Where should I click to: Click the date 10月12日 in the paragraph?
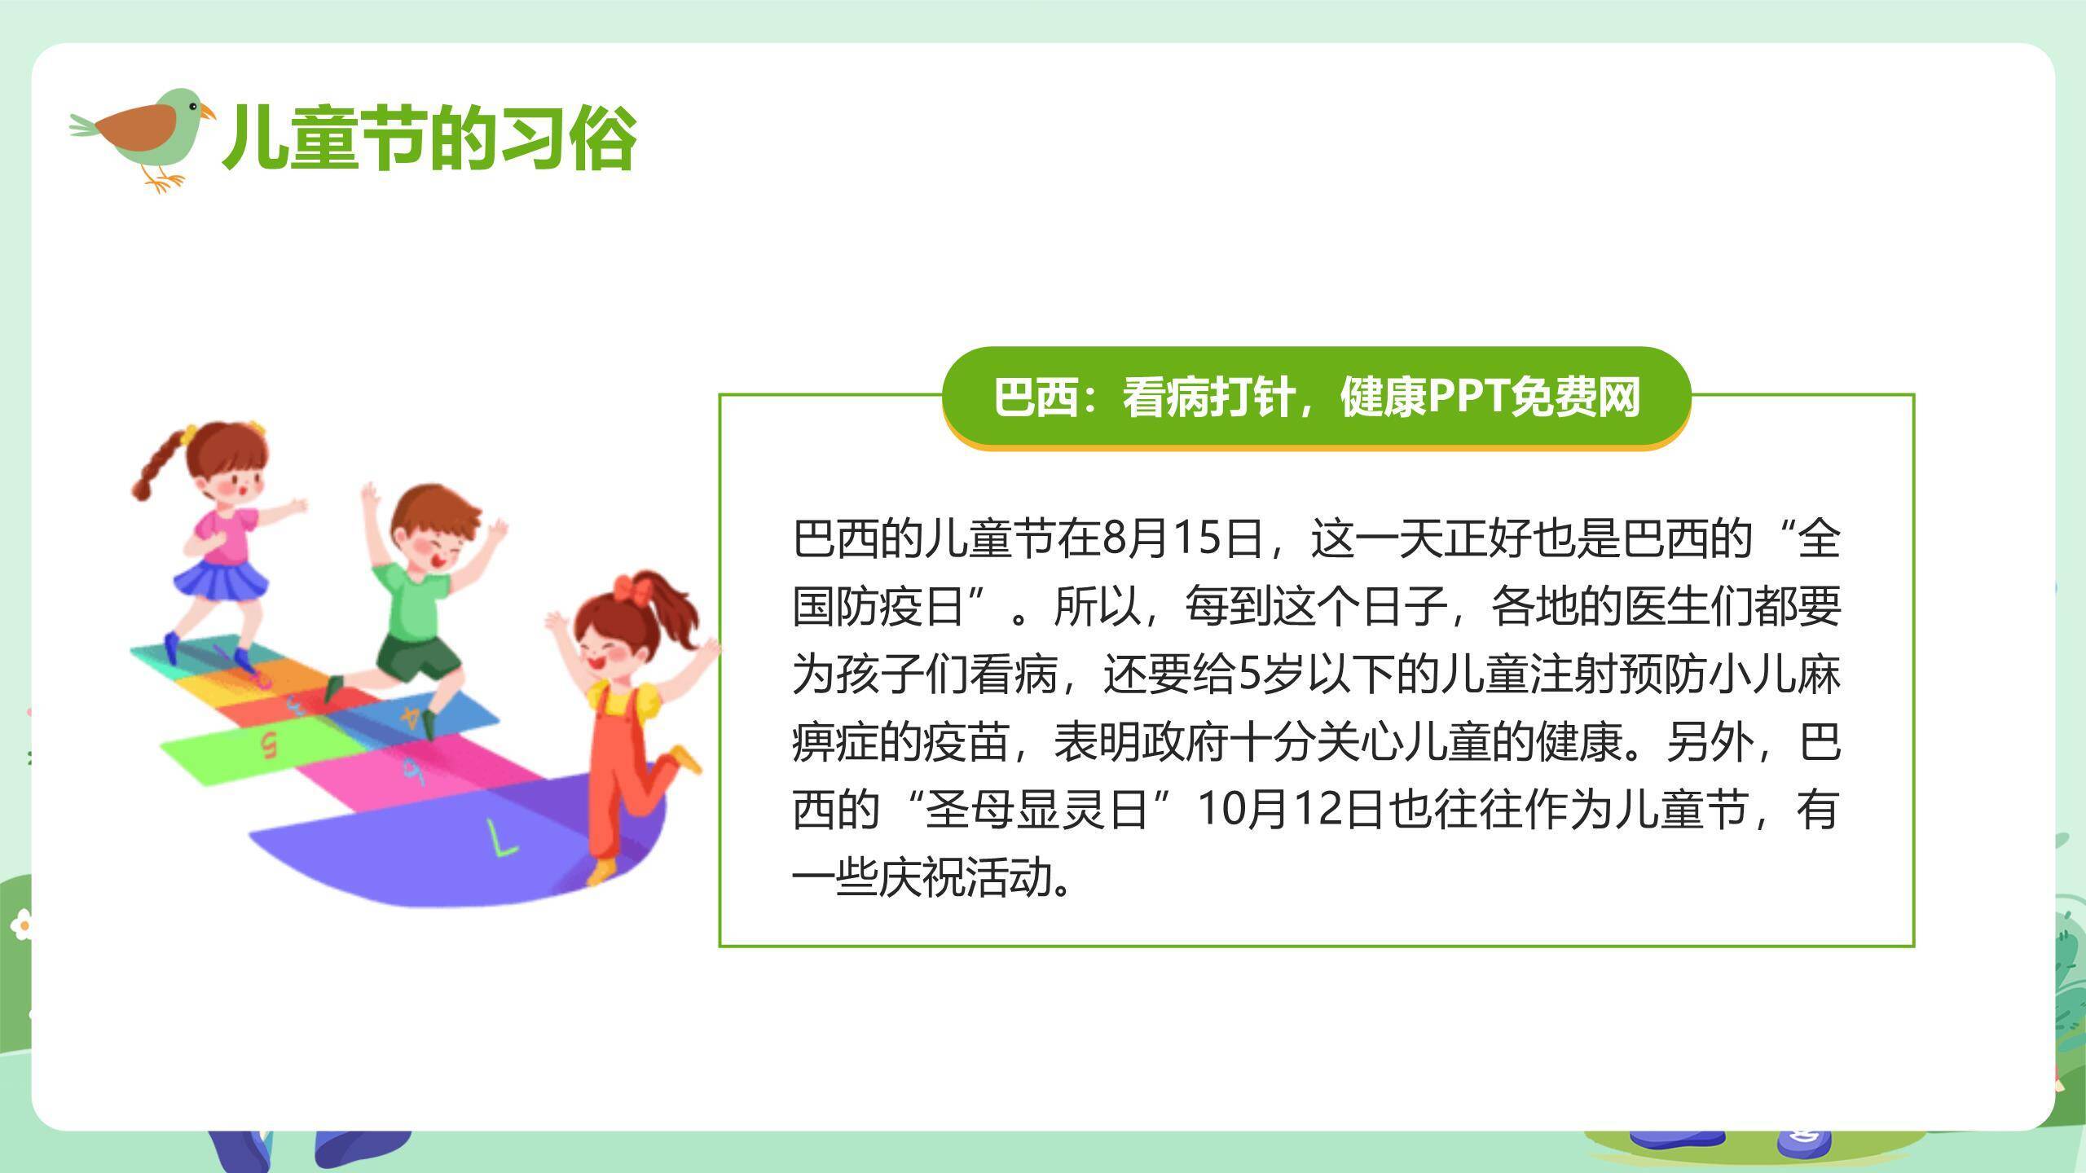(x=1292, y=810)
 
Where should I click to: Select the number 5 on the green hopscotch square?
(x=267, y=744)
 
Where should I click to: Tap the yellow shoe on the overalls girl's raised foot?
(x=685, y=758)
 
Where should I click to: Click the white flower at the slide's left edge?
(x=22, y=925)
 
